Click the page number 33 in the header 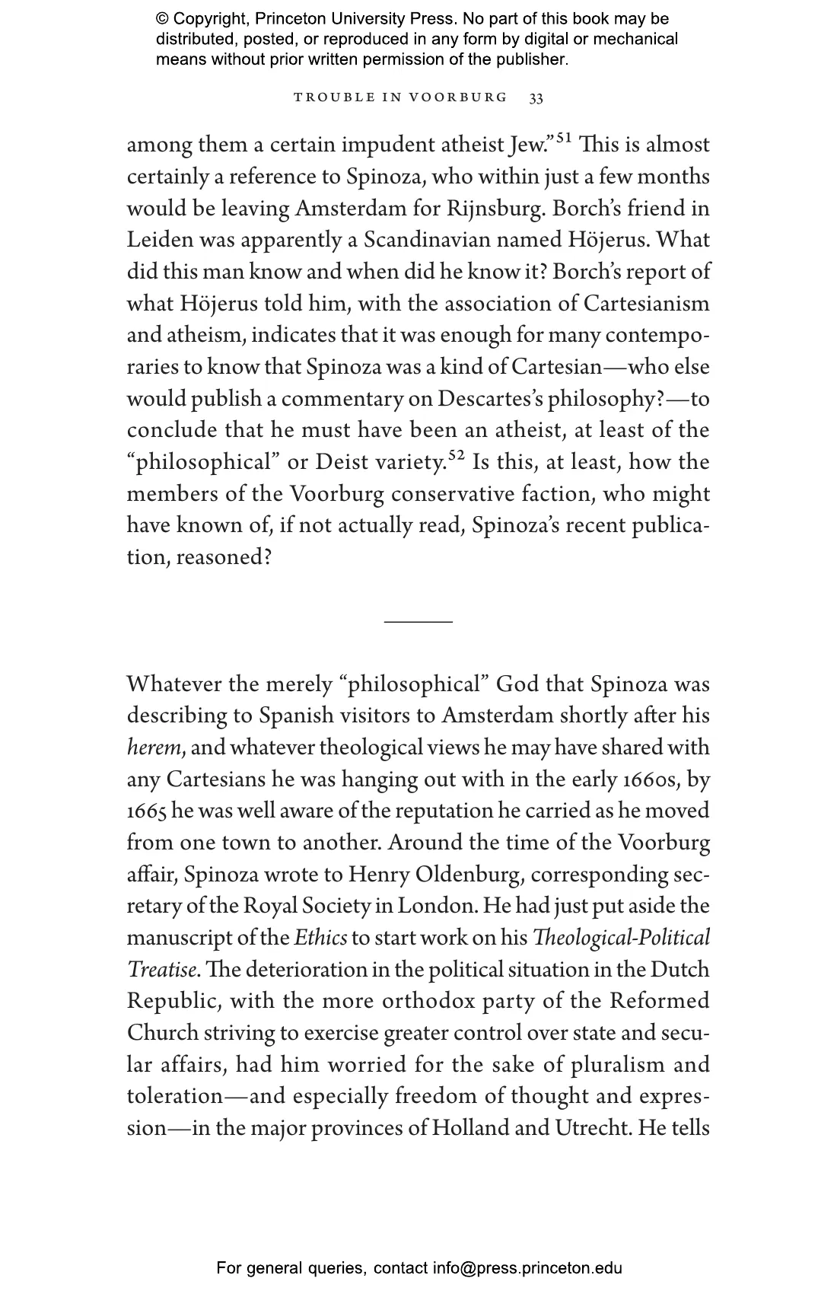click(536, 98)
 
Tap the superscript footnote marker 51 click(563, 138)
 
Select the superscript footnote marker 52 click(456, 455)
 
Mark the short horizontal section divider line click(418, 622)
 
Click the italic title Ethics click(320, 939)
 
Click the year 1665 click(146, 811)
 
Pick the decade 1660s click(654, 780)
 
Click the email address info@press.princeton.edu click(527, 1268)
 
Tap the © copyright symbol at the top click(162, 19)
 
